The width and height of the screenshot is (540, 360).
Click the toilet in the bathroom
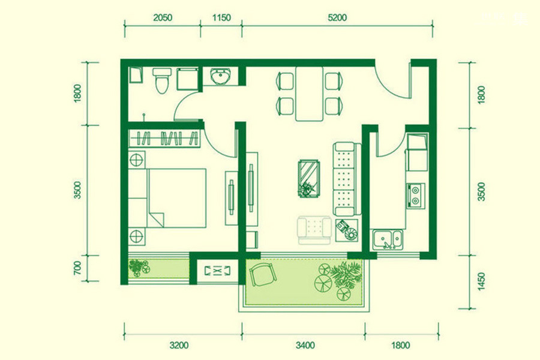(162, 80)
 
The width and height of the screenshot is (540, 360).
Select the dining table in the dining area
(309, 94)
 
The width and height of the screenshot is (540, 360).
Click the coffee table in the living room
(309, 178)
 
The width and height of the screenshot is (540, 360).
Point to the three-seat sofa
(346, 179)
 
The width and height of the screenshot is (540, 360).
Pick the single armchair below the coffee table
(314, 230)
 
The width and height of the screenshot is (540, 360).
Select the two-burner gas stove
(416, 196)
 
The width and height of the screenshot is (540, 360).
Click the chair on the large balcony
(263, 274)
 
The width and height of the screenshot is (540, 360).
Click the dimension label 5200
(337, 17)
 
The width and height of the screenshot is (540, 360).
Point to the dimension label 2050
(163, 17)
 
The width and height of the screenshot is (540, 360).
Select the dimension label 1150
(221, 17)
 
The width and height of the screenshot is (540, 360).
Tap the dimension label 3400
(305, 345)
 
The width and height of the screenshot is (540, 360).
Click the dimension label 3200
(179, 345)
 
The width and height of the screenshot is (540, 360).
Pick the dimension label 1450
(481, 281)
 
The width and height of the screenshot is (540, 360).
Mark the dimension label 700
(77, 268)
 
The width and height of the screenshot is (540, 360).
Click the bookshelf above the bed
(164, 139)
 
